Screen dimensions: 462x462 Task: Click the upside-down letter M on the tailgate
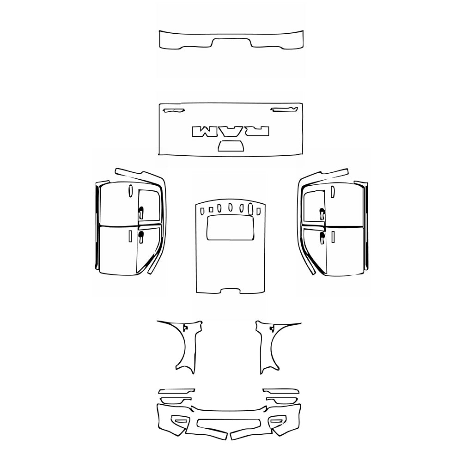(x=202, y=131)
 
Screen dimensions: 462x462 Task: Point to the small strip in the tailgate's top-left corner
(x=173, y=110)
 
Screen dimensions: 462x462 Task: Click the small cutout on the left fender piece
(x=185, y=328)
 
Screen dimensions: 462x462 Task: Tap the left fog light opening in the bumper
(x=180, y=420)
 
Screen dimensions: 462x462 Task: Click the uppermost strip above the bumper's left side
(x=176, y=391)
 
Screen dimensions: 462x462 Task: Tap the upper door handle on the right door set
(x=322, y=213)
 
